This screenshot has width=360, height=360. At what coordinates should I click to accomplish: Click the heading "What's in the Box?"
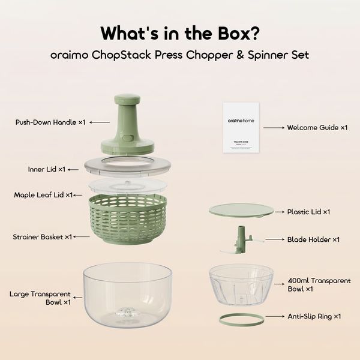click(x=179, y=32)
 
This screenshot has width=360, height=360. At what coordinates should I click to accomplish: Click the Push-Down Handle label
click(x=50, y=122)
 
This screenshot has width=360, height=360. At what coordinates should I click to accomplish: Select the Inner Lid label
click(x=46, y=169)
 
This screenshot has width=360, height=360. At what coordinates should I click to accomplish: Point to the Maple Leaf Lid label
click(x=43, y=195)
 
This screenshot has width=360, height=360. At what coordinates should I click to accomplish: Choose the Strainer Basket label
click(x=43, y=237)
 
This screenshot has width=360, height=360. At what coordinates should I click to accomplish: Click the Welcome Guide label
click(x=317, y=127)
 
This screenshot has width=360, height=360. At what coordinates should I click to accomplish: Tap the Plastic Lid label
click(x=309, y=212)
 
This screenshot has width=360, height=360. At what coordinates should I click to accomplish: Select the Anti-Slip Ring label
click(x=313, y=316)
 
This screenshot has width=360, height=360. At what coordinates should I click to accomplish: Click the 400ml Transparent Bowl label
click(x=309, y=284)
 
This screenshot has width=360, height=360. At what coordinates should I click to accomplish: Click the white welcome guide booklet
click(x=241, y=128)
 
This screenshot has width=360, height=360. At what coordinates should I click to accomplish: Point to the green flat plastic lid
click(x=241, y=211)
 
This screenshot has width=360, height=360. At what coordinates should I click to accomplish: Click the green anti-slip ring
click(x=241, y=320)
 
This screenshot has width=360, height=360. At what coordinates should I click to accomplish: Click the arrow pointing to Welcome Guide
click(x=273, y=127)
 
